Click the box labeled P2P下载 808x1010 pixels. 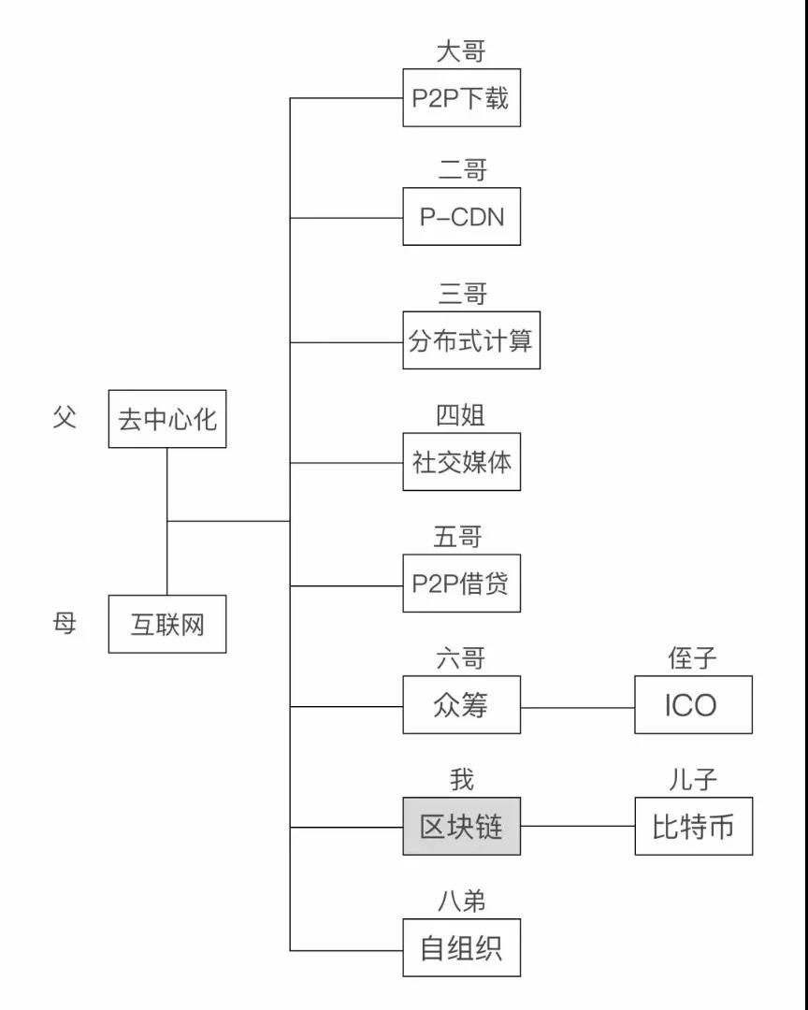point(461,97)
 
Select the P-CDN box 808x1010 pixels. point(461,217)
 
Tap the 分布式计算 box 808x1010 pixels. point(471,340)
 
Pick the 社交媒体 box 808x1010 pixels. point(461,462)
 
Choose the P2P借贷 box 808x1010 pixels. point(461,584)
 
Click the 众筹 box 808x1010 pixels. point(461,705)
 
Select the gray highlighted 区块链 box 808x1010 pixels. point(461,827)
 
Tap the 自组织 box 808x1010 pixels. point(461,949)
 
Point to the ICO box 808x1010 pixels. point(693,705)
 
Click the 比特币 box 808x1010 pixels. point(693,827)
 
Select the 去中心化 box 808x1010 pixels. point(167,419)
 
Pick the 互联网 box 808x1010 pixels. point(167,624)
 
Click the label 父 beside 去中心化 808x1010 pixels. point(64,417)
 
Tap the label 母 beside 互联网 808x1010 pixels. point(64,623)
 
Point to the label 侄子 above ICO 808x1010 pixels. point(693,658)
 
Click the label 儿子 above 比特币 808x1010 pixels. point(693,780)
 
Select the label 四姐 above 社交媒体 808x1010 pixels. point(461,414)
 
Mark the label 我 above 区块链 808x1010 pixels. point(461,780)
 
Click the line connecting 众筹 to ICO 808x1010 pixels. point(577,707)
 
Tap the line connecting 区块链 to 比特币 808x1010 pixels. point(577,827)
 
